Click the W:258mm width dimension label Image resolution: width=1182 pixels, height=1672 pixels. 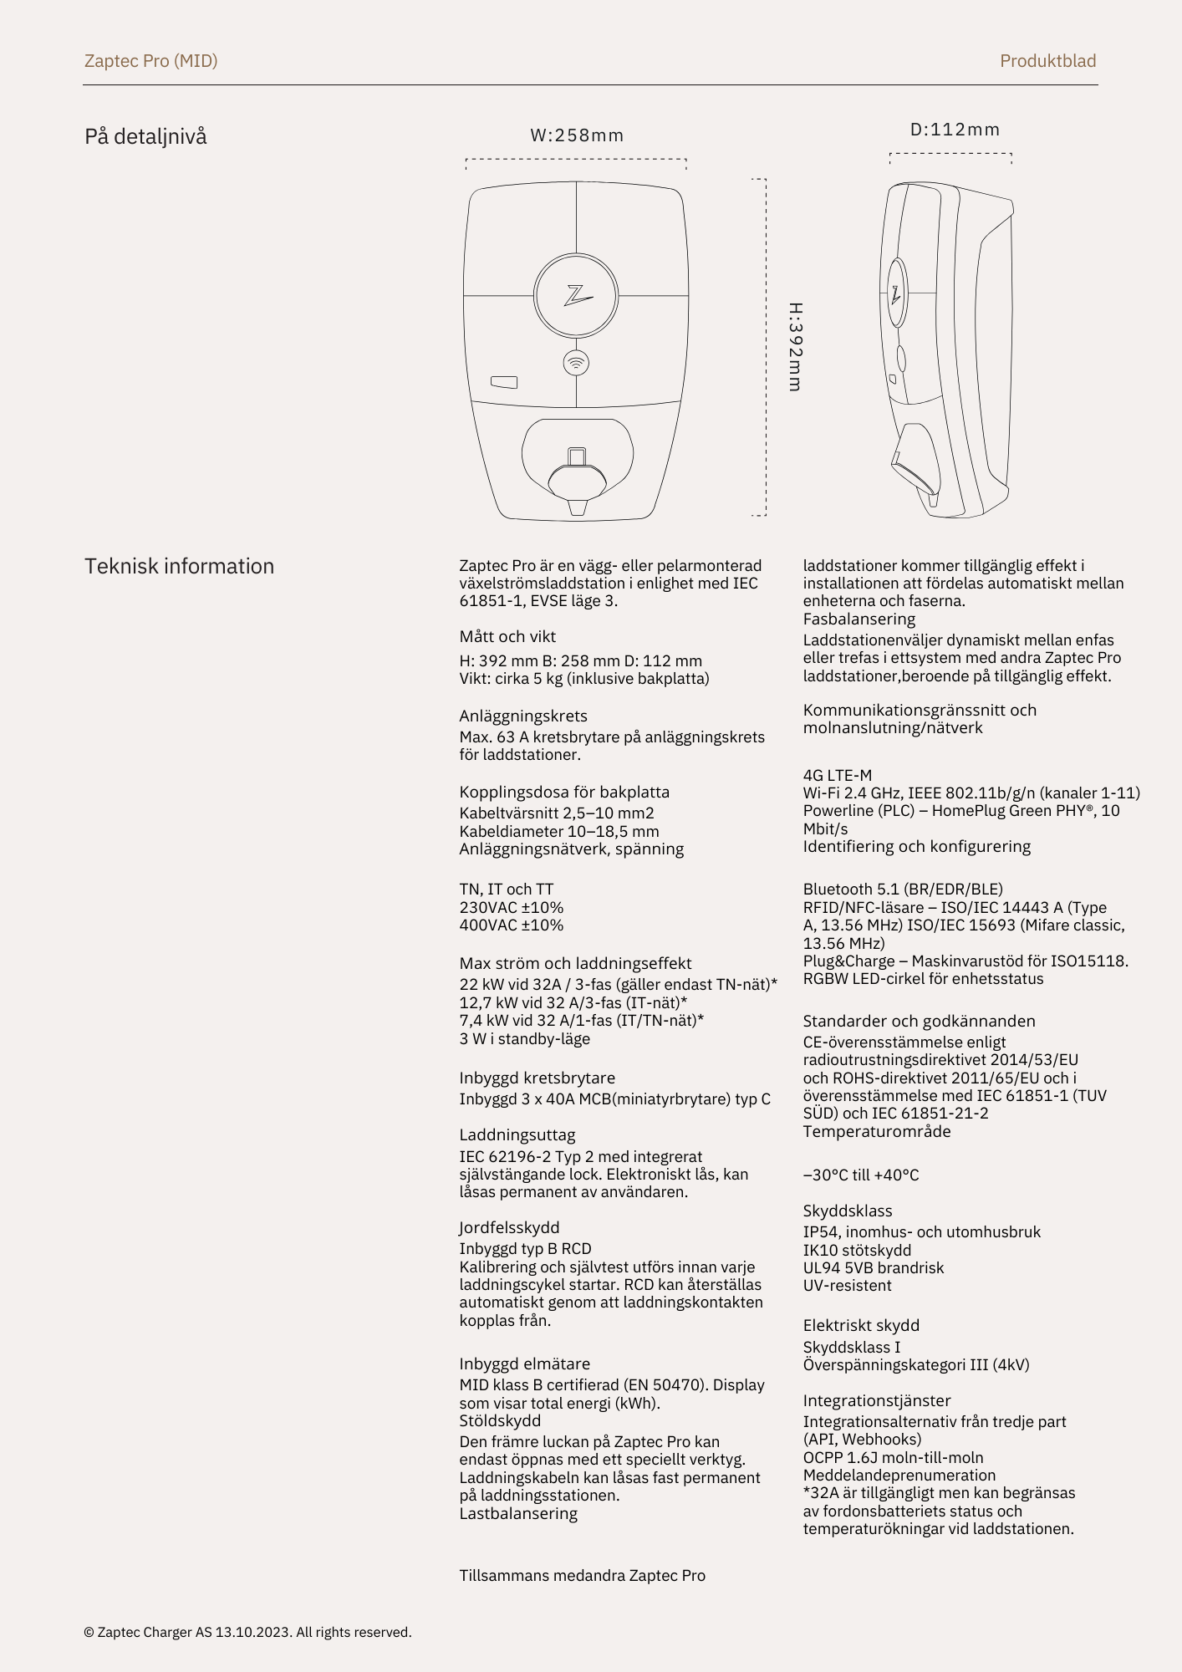pos(577,135)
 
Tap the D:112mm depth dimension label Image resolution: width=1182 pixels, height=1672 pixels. pos(955,130)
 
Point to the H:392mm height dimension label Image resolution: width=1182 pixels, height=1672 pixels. pos(795,347)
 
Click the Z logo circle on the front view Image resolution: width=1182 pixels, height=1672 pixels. pos(576,295)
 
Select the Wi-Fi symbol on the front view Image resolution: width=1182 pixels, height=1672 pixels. pos(576,363)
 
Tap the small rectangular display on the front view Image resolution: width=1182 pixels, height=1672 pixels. pos(504,382)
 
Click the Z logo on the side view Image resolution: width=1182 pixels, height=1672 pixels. pos(896,293)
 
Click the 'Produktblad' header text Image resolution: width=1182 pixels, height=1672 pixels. pos(1047,61)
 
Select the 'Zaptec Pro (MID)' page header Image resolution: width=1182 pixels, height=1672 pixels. pos(150,61)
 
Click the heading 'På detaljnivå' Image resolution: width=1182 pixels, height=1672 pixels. pos(145,136)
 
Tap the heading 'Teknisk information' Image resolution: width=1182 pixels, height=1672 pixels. pos(179,566)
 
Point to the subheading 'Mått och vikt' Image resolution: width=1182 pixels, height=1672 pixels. pos(507,636)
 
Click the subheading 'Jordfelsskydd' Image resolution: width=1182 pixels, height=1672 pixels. pos(509,1227)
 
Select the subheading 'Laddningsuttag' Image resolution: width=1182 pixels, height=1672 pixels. pos(517,1134)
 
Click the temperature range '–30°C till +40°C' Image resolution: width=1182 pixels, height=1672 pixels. pos(860,1175)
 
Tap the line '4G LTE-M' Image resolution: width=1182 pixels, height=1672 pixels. pos(837,775)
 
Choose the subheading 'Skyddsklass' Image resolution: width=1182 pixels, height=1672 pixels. pos(847,1211)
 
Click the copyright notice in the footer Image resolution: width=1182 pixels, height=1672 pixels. pos(247,1632)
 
